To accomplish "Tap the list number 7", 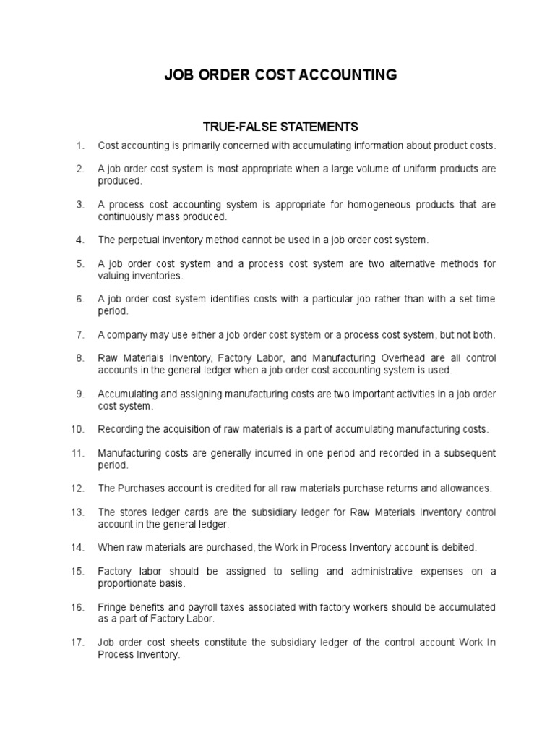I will pyautogui.click(x=81, y=334).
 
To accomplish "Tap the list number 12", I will pyautogui.click(x=79, y=488).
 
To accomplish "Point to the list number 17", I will pyautogui.click(x=79, y=643).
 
